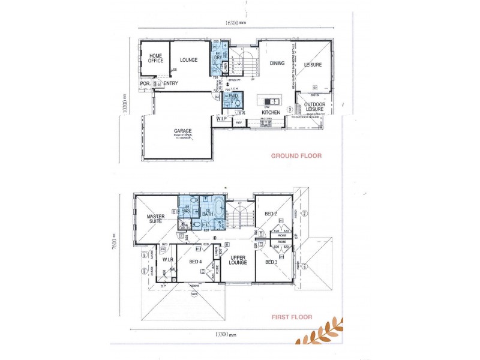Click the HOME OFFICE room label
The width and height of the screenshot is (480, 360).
pos(155,58)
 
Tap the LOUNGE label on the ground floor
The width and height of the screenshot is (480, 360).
pos(188,60)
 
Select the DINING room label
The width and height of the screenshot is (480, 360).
pos(277,63)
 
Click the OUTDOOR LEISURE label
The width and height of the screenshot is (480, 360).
pos(314,107)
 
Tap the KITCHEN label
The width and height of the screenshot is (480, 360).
pos(271,112)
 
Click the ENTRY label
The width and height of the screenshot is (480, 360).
pos(170,84)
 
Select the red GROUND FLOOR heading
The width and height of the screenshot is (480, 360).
pos(296,156)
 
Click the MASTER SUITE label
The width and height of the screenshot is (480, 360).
pos(155,219)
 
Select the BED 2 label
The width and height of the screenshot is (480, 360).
pos(270,214)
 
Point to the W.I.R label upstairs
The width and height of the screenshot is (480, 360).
pos(167,260)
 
